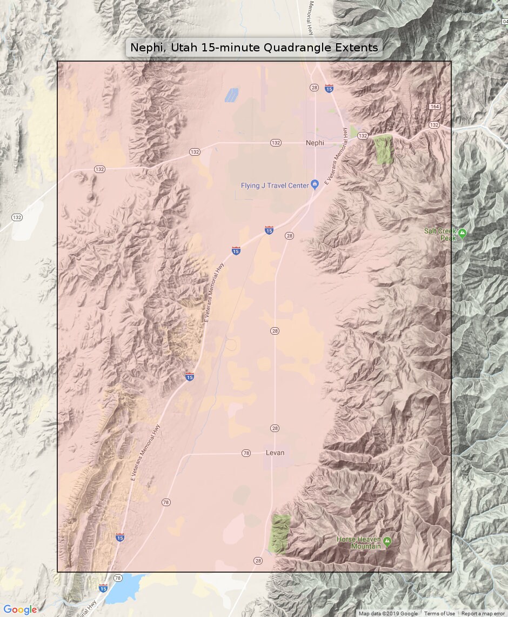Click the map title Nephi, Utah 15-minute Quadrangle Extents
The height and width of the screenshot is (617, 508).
[254, 48]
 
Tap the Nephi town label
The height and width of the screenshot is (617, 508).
[315, 143]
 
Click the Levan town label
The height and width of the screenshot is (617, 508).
[275, 453]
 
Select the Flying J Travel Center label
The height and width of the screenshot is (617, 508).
[275, 186]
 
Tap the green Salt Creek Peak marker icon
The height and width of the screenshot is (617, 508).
[462, 234]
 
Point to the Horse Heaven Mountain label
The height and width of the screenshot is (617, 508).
[359, 542]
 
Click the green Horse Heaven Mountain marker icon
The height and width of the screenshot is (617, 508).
[387, 541]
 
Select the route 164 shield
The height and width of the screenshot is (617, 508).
[435, 107]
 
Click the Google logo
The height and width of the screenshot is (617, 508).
[20, 609]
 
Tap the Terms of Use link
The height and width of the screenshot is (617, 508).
[439, 614]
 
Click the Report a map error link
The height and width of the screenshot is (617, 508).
[483, 614]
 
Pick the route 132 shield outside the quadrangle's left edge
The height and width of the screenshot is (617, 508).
[17, 217]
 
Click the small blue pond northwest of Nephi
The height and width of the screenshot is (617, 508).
[231, 95]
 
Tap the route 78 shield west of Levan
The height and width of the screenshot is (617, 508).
[246, 453]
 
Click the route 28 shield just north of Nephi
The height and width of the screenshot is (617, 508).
[314, 87]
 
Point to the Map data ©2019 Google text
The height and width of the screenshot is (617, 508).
[388, 614]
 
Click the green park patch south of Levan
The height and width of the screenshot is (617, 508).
[280, 533]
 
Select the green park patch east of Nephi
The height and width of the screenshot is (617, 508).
[383, 149]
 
